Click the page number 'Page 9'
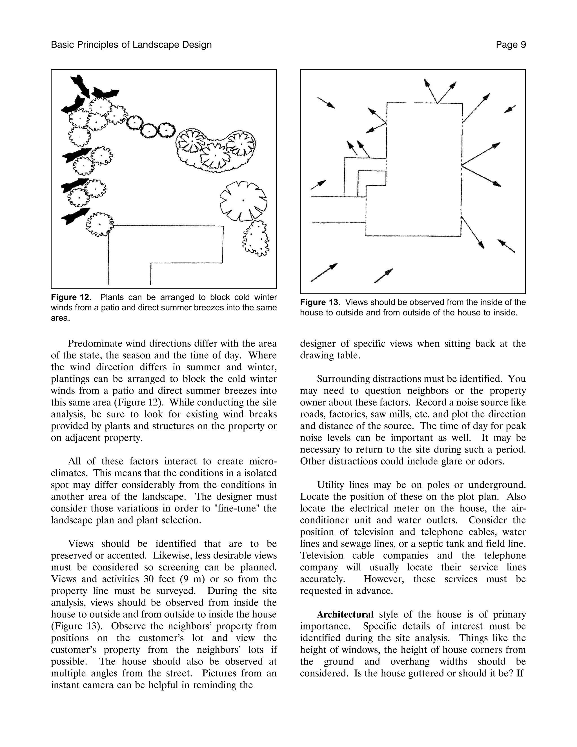(x=511, y=45)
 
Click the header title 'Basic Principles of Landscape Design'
(x=131, y=45)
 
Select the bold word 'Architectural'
(x=345, y=614)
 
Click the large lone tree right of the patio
(x=243, y=201)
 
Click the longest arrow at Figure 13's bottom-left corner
(x=324, y=273)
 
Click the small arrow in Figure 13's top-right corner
(x=510, y=109)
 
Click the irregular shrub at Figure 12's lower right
(x=256, y=238)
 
